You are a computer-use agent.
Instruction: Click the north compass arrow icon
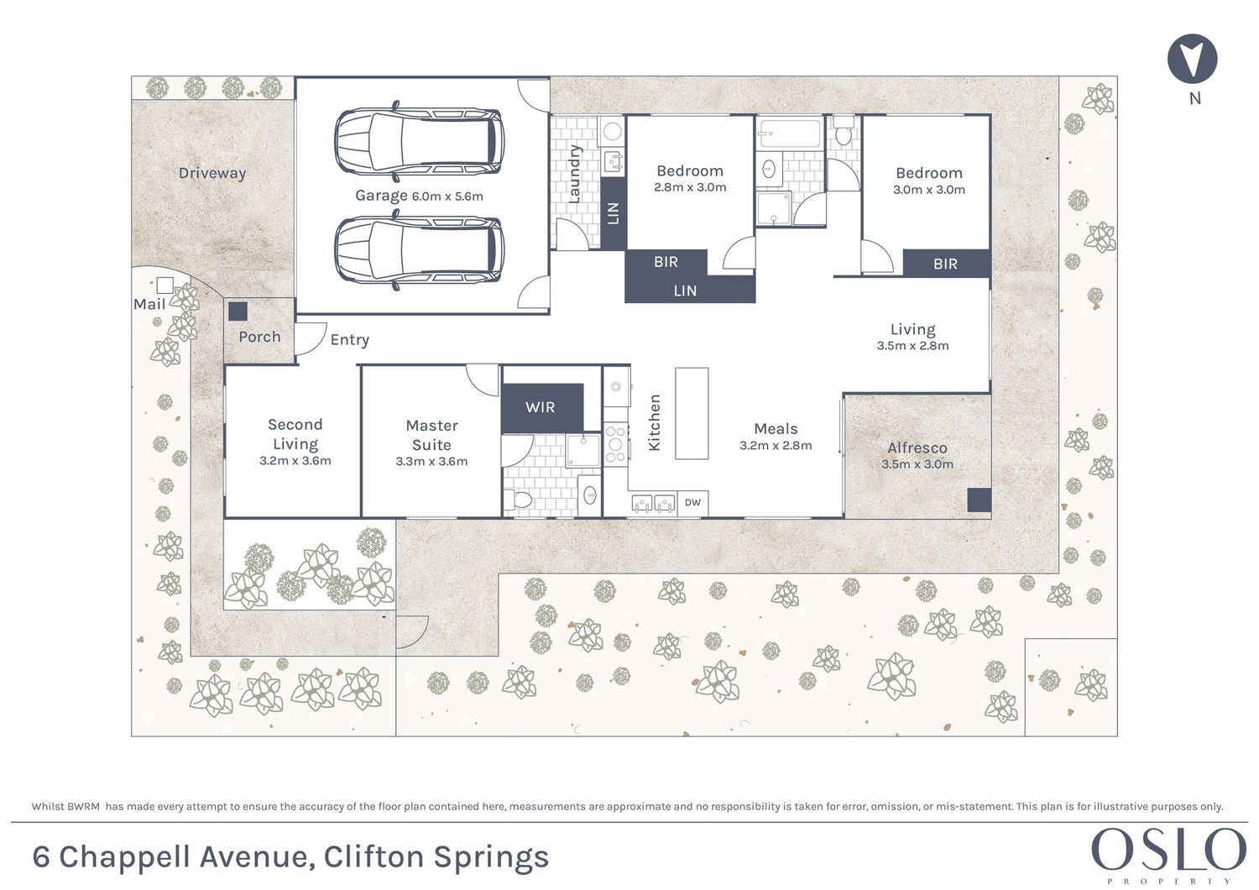(x=1192, y=59)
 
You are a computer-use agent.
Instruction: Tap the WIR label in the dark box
(x=540, y=407)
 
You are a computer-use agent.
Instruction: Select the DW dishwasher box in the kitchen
(x=692, y=503)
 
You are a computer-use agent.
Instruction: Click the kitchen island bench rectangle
(x=692, y=413)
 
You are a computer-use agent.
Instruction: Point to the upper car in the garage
(x=419, y=141)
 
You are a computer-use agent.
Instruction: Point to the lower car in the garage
(x=419, y=249)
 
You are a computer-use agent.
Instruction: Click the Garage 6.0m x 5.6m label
(x=419, y=196)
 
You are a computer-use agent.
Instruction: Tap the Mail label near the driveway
(x=149, y=304)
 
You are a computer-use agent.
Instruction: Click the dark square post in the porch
(x=238, y=311)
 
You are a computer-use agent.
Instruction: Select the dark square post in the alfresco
(x=979, y=500)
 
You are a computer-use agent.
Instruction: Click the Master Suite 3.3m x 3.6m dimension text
(x=431, y=461)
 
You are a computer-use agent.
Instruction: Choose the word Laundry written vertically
(x=575, y=174)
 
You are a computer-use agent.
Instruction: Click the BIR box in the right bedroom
(x=946, y=264)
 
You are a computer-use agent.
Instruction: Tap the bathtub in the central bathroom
(x=789, y=133)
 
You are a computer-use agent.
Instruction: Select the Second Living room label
(x=295, y=434)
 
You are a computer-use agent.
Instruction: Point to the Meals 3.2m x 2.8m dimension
(x=776, y=446)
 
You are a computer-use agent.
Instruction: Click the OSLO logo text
(x=1168, y=850)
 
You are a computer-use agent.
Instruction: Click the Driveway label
(x=212, y=173)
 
